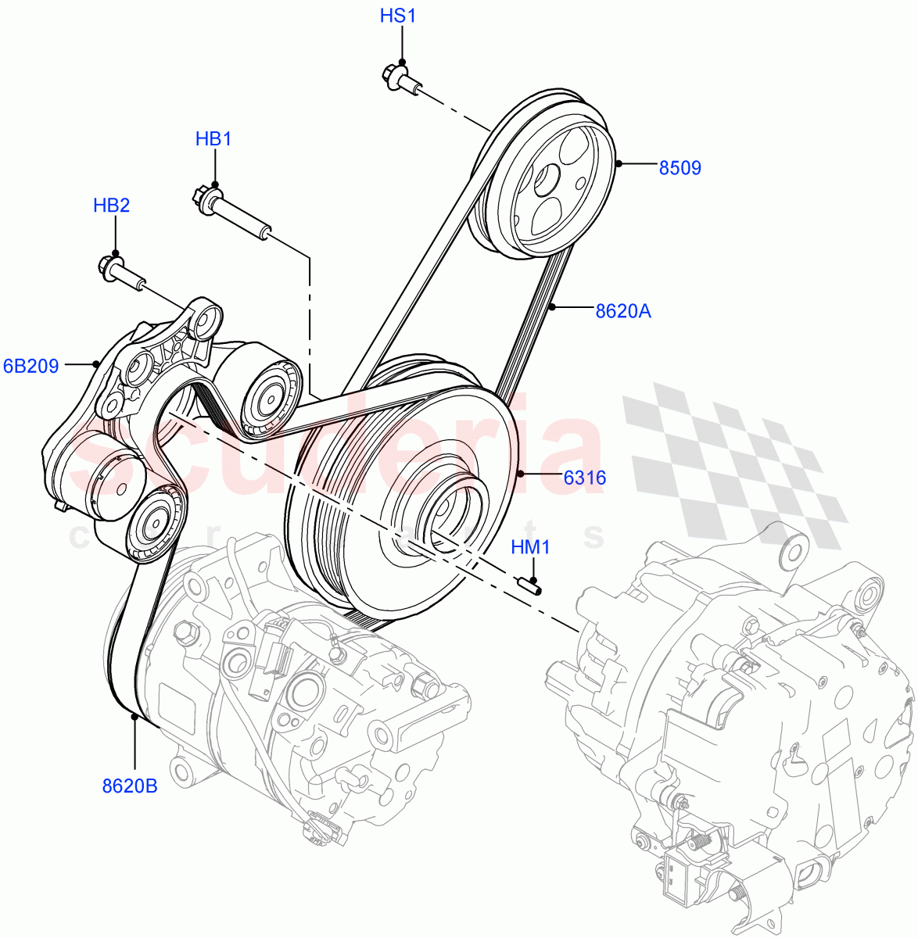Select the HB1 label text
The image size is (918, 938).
[x=213, y=139]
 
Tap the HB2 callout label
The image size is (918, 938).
[x=111, y=206]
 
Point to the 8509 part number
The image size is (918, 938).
[x=680, y=167]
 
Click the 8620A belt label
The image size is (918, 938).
[x=622, y=312]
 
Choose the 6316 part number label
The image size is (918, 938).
[x=584, y=478]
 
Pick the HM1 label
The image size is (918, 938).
[x=530, y=547]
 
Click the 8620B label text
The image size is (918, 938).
[x=130, y=786]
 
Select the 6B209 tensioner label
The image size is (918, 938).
[x=31, y=366]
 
